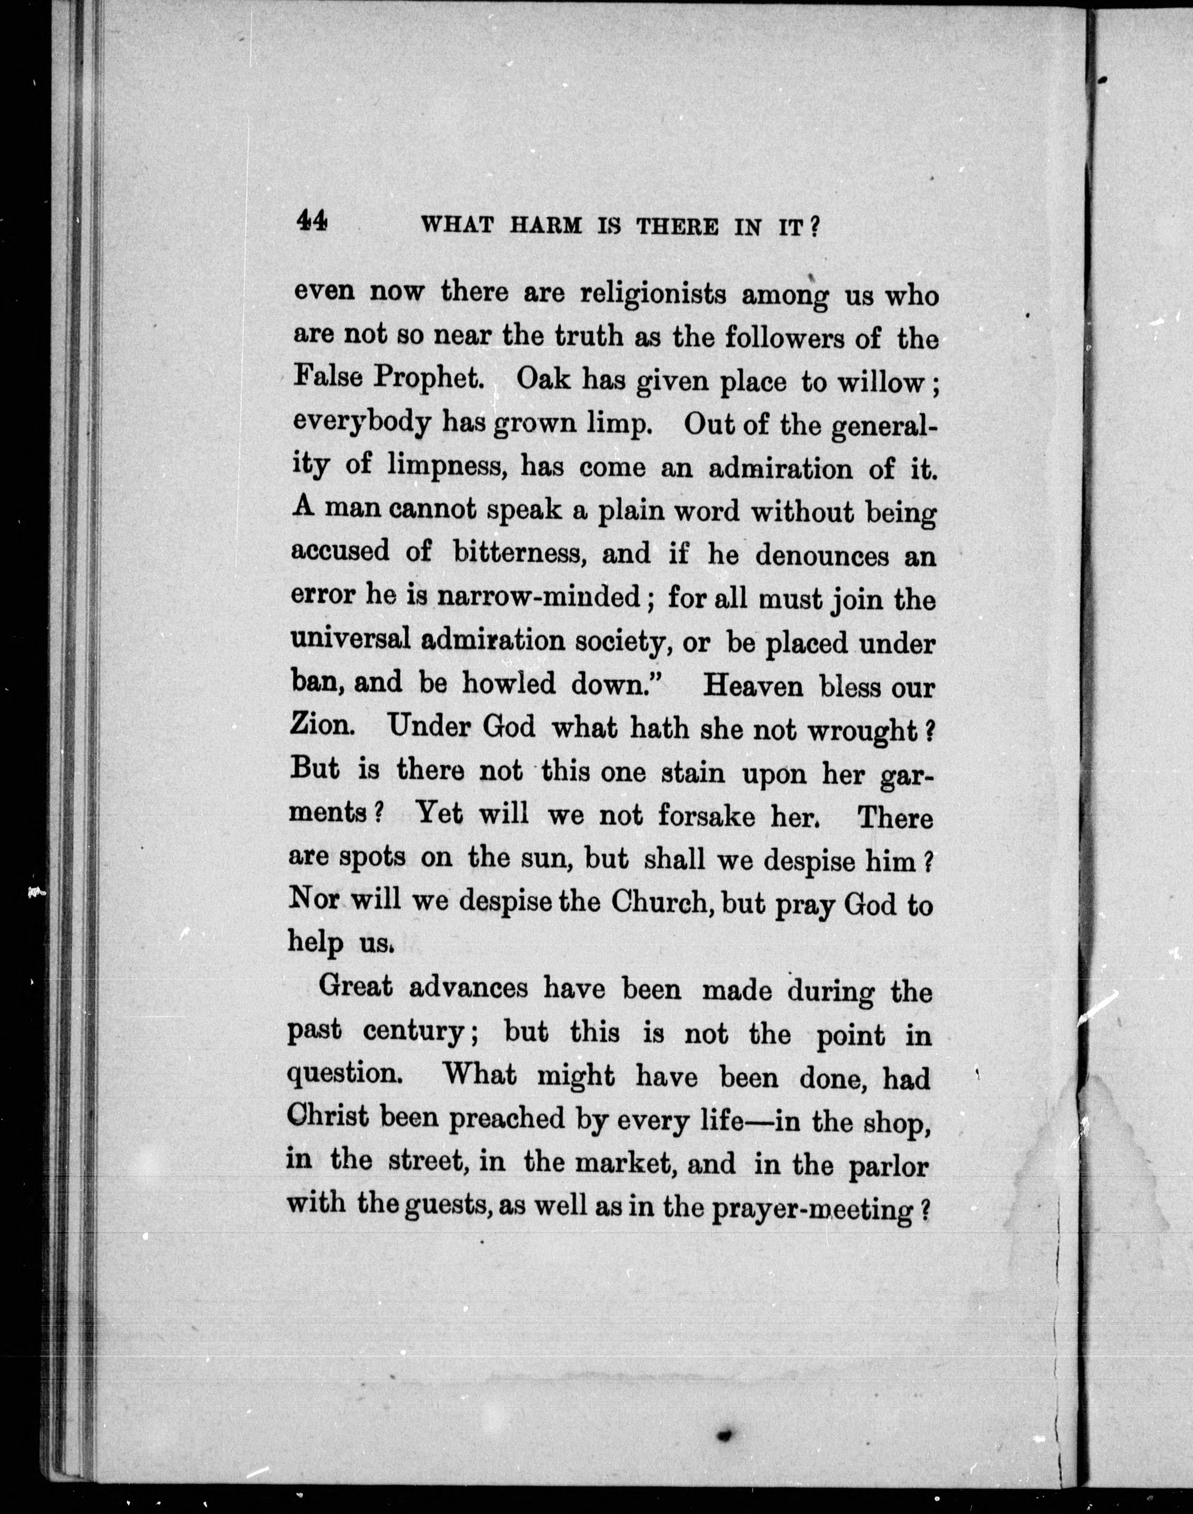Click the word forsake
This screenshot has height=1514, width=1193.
pyautogui.click(x=706, y=815)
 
